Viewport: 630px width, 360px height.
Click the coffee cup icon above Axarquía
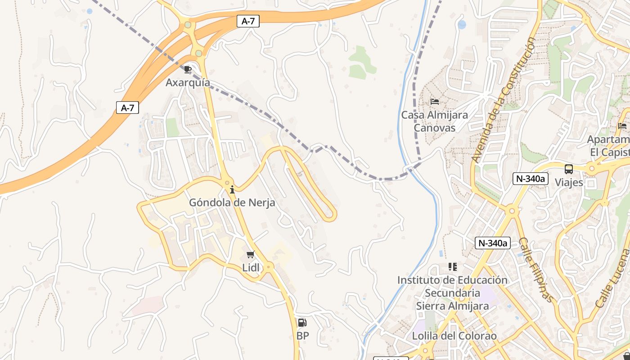click(188, 69)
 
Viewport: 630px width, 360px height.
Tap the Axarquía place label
click(188, 82)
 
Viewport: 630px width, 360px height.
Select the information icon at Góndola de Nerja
click(232, 189)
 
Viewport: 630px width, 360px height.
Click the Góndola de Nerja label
click(232, 202)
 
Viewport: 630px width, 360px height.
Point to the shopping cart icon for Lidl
click(251, 255)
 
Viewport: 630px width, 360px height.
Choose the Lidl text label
click(251, 268)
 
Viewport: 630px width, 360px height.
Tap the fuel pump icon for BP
click(302, 323)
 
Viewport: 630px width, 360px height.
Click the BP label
click(302, 336)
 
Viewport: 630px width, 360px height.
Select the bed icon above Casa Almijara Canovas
click(435, 102)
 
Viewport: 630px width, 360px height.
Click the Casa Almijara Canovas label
click(434, 121)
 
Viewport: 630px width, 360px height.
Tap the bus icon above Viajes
click(569, 170)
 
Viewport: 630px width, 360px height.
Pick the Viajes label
click(569, 182)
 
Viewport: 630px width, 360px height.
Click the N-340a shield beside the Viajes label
click(531, 179)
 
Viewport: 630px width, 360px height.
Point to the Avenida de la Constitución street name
click(504, 100)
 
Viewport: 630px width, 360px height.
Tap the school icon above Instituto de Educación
click(453, 267)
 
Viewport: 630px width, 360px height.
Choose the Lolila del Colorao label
click(454, 336)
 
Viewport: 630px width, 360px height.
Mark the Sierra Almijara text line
click(452, 306)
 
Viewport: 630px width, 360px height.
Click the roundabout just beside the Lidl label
click(269, 266)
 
